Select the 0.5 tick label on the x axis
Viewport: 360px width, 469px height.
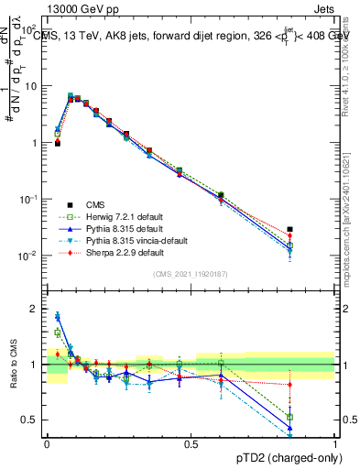[191, 443]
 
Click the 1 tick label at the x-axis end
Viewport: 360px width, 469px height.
[334, 443]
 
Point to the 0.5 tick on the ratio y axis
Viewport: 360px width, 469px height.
[31, 420]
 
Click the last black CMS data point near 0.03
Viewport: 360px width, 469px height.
[289, 229]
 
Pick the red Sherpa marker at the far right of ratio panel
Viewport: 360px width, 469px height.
[289, 385]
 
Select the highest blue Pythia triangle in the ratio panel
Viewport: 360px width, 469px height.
[57, 316]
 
